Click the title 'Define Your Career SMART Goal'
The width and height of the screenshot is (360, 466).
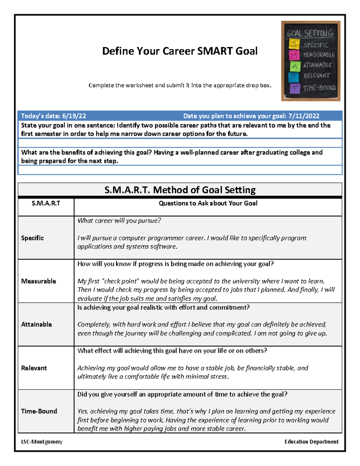click(x=180, y=51)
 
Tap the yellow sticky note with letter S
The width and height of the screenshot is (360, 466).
click(x=294, y=44)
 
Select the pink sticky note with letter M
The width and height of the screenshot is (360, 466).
click(x=294, y=55)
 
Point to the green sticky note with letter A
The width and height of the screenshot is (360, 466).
click(x=295, y=66)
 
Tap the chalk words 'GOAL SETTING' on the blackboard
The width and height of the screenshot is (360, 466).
click(x=310, y=33)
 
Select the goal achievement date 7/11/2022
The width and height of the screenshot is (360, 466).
click(x=304, y=116)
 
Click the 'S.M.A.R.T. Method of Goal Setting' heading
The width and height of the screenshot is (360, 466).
click(x=180, y=190)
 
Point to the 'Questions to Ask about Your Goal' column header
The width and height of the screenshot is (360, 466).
click(x=208, y=203)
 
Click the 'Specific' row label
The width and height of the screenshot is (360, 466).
click(x=32, y=238)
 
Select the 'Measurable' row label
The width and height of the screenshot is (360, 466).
click(x=38, y=281)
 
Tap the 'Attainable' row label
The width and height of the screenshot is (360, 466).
click(x=36, y=324)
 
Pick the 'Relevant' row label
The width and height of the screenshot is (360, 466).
click(x=34, y=368)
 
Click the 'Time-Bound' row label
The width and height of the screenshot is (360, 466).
click(x=39, y=411)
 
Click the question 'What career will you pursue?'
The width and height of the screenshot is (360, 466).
click(x=119, y=221)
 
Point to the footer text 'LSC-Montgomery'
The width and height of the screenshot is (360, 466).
click(x=42, y=442)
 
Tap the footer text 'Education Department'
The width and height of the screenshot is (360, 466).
click(x=311, y=442)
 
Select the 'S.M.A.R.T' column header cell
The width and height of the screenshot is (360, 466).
click(x=46, y=203)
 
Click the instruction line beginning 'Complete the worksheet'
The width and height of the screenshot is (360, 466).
click(x=180, y=86)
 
